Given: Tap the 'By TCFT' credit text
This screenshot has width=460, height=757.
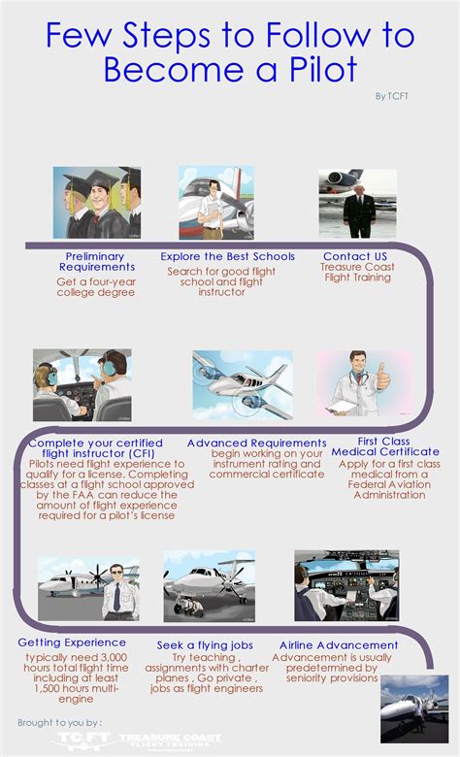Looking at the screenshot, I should (393, 96).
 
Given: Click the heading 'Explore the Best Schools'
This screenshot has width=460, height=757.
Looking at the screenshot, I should (226, 256).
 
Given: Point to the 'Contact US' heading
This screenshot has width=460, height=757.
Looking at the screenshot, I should (356, 256).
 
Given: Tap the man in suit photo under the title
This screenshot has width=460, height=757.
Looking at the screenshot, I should (357, 204).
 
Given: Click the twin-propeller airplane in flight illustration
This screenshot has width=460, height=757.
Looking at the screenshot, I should (242, 384).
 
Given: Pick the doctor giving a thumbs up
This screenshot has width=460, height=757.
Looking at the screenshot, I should (364, 384).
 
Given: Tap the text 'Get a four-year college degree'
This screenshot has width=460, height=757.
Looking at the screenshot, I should (95, 286).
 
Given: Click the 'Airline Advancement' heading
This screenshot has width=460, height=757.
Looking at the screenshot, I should (339, 644).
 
